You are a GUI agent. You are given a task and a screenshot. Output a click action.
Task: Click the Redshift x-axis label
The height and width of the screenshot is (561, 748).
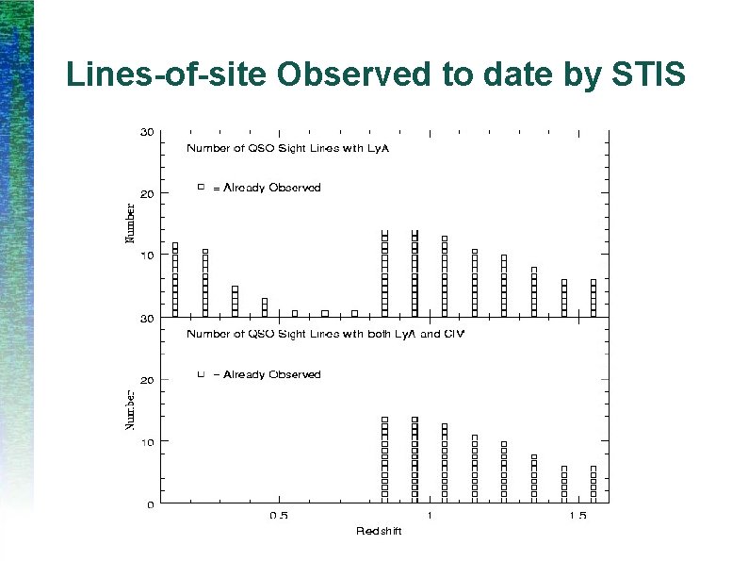pos(379,532)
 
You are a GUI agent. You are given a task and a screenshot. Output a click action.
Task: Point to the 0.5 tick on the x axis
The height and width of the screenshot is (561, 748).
pos(279,517)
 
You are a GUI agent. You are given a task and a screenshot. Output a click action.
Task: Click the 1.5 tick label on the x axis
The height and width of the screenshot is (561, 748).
pos(579,517)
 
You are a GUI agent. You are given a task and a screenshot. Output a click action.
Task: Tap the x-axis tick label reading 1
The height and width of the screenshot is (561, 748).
pos(430,517)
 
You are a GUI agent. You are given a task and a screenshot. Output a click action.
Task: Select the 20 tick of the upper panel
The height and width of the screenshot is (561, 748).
pos(148,193)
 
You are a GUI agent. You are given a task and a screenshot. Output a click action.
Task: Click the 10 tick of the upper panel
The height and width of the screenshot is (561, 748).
pos(148,256)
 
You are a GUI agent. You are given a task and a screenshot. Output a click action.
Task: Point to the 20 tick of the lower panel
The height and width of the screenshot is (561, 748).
pos(148,380)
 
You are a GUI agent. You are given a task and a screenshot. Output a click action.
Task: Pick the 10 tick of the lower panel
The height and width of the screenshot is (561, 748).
pos(148,441)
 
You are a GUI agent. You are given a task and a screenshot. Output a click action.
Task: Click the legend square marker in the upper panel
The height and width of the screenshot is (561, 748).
pos(201,188)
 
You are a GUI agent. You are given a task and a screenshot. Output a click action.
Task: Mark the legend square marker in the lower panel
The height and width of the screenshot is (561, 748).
pos(201,374)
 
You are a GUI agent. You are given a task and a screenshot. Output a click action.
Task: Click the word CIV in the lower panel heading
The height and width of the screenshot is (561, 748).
pos(455,335)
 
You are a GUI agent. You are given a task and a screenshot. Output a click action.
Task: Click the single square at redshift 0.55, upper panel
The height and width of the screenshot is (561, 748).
pos(295,313)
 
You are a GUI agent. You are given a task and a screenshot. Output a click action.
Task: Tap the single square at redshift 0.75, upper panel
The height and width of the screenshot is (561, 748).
pos(354,313)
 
